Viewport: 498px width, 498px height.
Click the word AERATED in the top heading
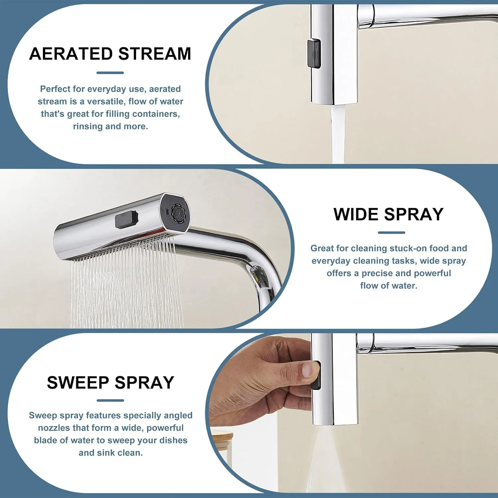[71, 54]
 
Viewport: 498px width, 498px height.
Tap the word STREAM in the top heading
[155, 54]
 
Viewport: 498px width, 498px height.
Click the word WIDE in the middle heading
[356, 214]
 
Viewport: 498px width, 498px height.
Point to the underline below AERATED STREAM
[110, 73]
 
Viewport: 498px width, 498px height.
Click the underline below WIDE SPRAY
[391, 232]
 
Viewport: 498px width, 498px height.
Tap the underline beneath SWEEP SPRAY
[110, 400]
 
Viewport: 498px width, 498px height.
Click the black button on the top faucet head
[314, 53]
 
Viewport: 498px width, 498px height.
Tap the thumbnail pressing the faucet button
[310, 369]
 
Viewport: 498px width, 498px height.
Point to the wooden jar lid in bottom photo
[222, 435]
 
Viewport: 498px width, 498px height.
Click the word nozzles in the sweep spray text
[53, 428]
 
